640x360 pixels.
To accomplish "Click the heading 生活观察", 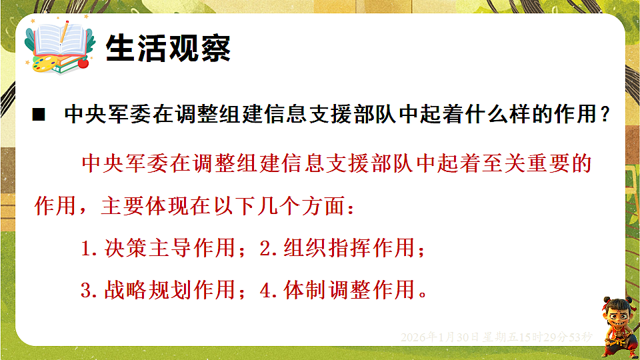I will pyautogui.click(x=169, y=47).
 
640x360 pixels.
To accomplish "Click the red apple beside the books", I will pyautogui.click(x=83, y=64).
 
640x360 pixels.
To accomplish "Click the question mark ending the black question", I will pyautogui.click(x=605, y=115).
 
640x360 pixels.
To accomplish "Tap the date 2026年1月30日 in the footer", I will pyautogui.click(x=439, y=337).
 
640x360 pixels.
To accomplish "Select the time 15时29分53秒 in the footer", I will pyautogui.click(x=558, y=337).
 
